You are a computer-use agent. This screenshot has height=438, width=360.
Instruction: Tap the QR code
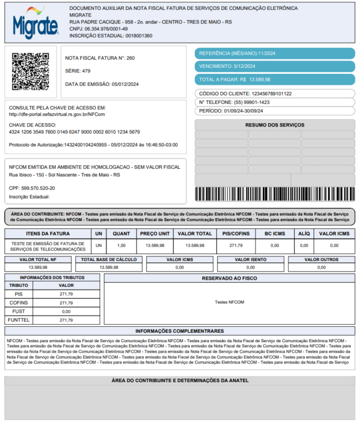coord(31,71)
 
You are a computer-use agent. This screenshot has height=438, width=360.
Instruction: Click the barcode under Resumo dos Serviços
coord(275,194)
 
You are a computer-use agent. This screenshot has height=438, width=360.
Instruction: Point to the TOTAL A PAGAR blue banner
coord(275,79)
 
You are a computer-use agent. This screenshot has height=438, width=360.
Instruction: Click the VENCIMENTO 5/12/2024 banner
coord(275,66)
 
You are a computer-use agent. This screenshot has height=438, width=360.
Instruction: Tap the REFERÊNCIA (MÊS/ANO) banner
coord(275,53)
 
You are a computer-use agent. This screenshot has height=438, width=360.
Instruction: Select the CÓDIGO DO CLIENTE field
coord(275,94)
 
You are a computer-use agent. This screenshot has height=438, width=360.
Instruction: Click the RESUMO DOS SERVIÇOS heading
coord(275,125)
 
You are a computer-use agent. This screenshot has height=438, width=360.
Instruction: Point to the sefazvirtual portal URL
coord(57,114)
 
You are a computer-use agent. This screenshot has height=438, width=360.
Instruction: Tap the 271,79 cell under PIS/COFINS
coord(235,245)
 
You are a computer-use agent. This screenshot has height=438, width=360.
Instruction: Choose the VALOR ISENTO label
coord(251,260)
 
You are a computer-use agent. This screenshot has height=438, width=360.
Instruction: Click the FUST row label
coord(19,311)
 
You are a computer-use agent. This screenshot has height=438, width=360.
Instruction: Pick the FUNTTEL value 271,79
coord(66,320)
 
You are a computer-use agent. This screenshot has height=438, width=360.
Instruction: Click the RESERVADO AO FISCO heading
coord(229,278)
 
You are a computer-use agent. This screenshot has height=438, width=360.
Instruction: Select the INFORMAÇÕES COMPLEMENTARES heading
coord(179,331)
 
